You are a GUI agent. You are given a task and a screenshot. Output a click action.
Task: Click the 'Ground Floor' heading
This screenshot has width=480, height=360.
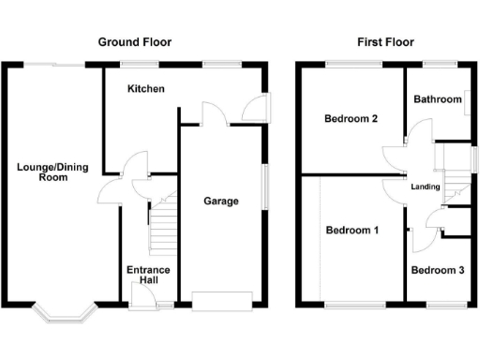pos(135,42)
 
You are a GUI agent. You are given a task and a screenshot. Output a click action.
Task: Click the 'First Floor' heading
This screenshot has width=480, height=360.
pos(385,42)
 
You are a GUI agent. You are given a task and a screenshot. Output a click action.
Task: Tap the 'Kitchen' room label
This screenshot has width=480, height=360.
pos(146,89)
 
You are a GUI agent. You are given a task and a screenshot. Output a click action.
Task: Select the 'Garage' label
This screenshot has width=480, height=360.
pos(221,201)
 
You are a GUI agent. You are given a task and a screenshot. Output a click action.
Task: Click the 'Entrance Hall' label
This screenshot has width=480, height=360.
pos(148,276)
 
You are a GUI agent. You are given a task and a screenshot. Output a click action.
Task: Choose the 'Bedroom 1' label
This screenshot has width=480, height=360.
pos(352,230)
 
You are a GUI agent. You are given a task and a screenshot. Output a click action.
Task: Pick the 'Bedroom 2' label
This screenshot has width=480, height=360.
pos(351,119)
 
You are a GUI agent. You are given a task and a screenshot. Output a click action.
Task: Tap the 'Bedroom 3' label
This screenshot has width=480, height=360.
pos(437,271)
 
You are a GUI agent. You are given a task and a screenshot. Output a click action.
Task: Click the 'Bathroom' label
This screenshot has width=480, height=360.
pos(437,99)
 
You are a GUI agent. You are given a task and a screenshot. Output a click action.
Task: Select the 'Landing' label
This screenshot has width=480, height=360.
pos(426,187)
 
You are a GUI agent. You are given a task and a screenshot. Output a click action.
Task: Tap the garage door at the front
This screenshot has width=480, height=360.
pos(221,301)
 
